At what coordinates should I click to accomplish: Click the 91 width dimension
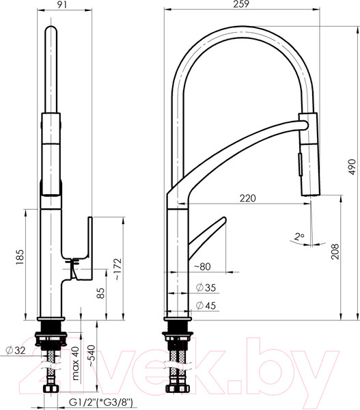click(x=62, y=5)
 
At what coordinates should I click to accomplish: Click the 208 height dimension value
click(x=335, y=251)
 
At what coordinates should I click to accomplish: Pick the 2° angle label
click(x=299, y=237)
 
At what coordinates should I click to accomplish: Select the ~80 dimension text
click(x=203, y=266)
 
